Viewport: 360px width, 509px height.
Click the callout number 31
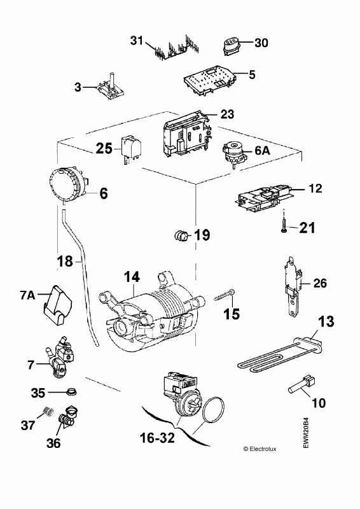(x=137, y=41)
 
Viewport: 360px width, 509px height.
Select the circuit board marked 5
(x=210, y=80)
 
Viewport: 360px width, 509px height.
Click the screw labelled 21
(x=284, y=225)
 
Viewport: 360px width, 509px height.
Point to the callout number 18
(x=65, y=260)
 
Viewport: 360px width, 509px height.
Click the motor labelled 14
(x=151, y=315)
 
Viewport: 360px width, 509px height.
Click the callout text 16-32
(x=157, y=438)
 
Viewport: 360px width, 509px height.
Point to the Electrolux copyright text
(x=260, y=449)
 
